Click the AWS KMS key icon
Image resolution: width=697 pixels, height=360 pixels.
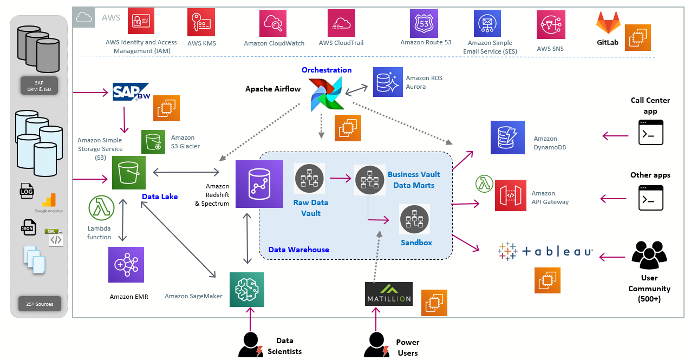pos(201,22)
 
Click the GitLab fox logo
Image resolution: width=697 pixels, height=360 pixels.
pos(608,23)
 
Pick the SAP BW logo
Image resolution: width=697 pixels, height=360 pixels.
pos(131,91)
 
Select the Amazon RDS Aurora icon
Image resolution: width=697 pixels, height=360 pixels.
pos(388,82)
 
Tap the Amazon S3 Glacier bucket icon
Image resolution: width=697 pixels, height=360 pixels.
pos(153,142)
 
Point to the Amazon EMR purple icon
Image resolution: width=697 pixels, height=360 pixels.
pos(127,265)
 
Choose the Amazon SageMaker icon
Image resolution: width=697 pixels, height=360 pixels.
pos(247,290)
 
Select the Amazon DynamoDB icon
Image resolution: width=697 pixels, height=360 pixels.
pos(508,138)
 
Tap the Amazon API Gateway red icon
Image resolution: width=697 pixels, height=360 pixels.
pos(511,195)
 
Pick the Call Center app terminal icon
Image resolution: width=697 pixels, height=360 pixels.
pos(650,133)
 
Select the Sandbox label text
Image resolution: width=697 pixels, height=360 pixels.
pos(416,243)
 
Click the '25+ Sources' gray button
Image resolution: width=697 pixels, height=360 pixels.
pos(40,304)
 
